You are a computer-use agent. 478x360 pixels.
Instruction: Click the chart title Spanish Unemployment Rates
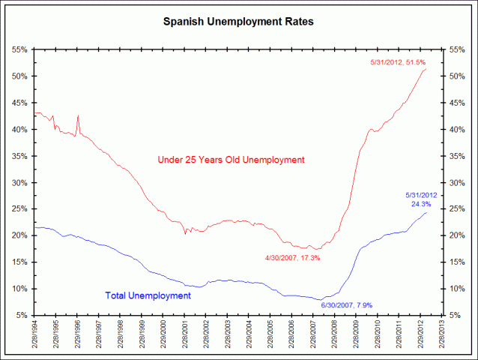coord(238,22)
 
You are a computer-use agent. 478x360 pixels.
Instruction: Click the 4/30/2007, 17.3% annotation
coord(293,258)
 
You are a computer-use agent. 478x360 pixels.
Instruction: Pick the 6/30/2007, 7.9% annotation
coord(346,305)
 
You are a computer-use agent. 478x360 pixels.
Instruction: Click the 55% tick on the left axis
coord(19,49)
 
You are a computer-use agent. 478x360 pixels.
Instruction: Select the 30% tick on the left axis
coord(19,182)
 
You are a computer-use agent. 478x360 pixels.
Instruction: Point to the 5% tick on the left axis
coord(22,315)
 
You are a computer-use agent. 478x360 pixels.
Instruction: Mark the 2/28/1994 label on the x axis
coord(34,337)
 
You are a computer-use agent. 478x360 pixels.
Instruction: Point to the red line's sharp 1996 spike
coord(78,116)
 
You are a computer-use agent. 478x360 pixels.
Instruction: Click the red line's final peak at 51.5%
coord(426,69)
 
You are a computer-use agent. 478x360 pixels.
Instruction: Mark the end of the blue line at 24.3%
coord(426,213)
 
